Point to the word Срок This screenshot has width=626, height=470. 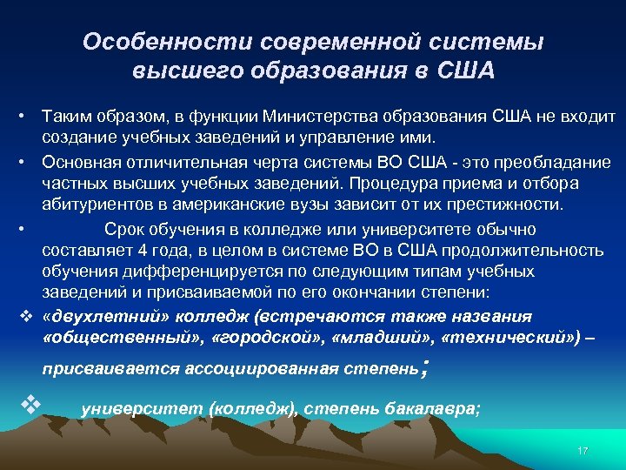123,229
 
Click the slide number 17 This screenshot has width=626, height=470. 583,450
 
